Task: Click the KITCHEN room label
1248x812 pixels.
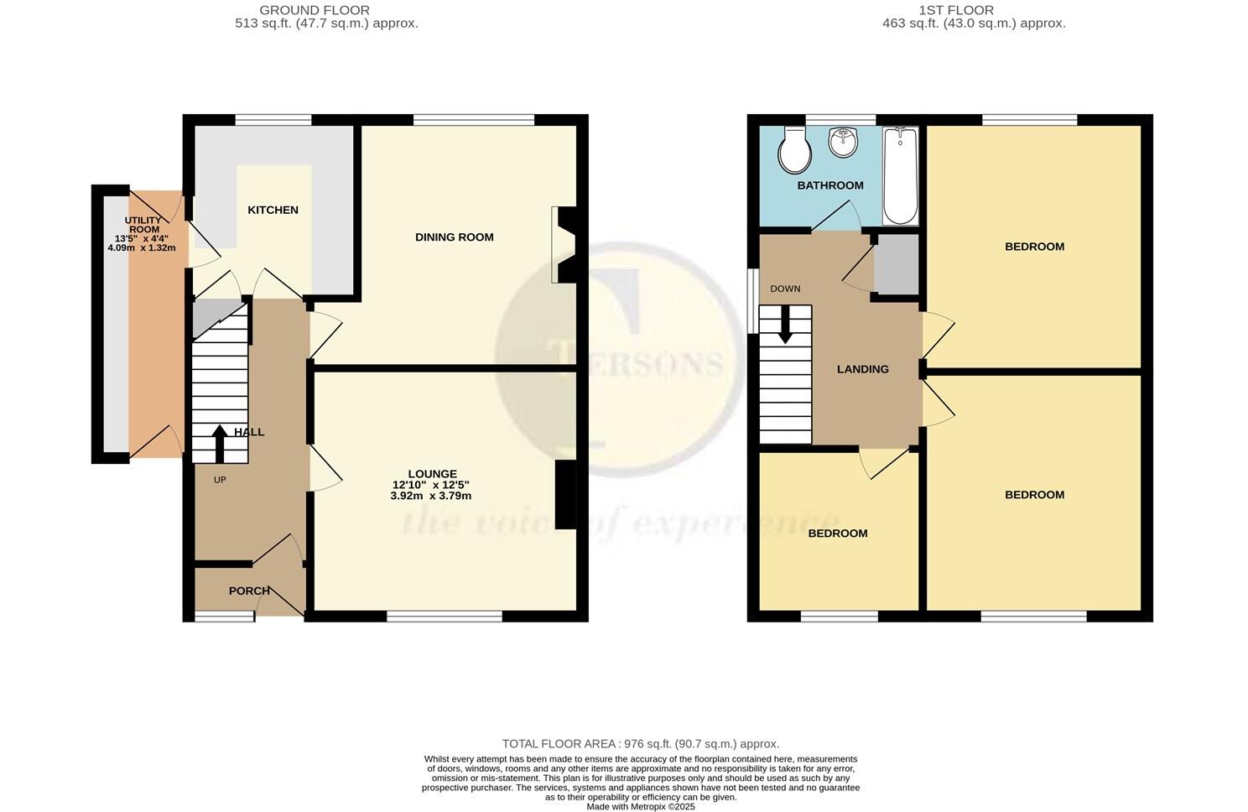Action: (273, 210)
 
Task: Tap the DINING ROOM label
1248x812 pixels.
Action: (454, 237)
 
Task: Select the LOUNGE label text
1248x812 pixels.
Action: (432, 474)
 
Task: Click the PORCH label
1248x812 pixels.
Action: (249, 591)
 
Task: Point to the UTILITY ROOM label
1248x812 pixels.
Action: (143, 225)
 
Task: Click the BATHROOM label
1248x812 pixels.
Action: (829, 185)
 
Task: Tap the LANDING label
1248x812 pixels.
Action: (862, 369)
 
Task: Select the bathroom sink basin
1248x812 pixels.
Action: (841, 143)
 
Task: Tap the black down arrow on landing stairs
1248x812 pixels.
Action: (785, 325)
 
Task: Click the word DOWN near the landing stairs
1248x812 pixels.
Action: (785, 289)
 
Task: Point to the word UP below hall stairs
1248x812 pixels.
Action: (220, 480)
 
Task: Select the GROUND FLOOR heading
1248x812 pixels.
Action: (314, 10)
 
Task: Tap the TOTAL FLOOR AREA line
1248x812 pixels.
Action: (640, 743)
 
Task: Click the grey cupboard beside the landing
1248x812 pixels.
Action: (896, 264)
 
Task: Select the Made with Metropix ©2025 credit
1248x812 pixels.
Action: (640, 806)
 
